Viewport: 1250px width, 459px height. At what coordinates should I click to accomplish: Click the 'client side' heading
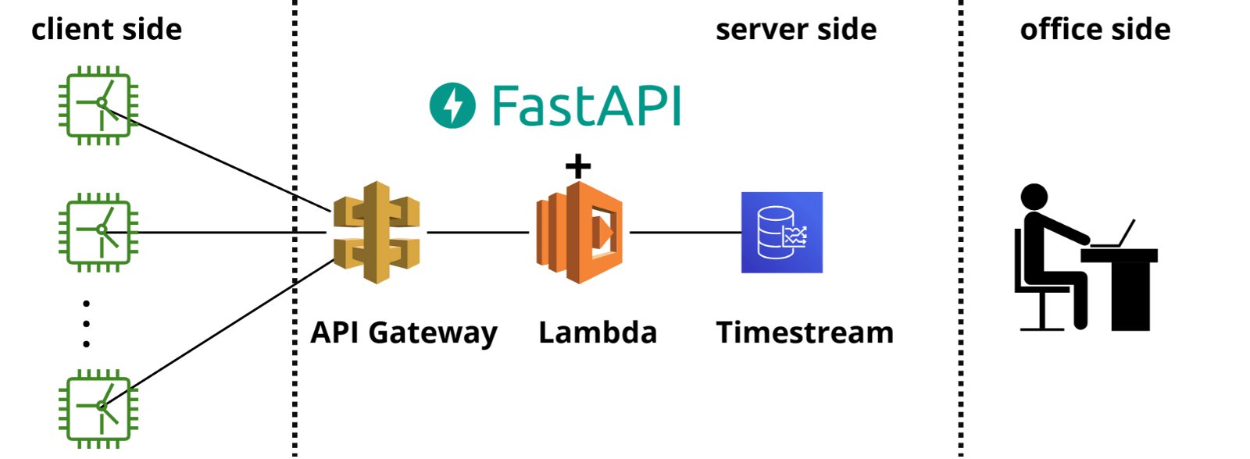[106, 30]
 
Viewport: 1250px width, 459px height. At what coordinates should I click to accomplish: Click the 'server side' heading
[795, 30]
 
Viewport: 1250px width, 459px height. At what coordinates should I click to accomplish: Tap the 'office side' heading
[1095, 30]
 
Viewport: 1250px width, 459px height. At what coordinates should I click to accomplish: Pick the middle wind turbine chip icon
[98, 232]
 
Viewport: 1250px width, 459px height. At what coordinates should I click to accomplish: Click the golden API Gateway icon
[377, 232]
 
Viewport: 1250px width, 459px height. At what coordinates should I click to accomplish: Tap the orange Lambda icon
[579, 232]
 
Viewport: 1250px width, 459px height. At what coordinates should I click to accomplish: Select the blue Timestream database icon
[781, 232]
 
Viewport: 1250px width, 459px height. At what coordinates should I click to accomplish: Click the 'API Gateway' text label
[403, 333]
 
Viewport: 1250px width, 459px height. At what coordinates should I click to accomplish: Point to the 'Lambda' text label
[598, 333]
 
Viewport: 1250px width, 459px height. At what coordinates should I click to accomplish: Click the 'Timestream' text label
[805, 333]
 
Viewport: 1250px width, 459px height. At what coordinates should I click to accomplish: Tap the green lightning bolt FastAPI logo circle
[452, 105]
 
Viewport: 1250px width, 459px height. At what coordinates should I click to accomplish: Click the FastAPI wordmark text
[587, 106]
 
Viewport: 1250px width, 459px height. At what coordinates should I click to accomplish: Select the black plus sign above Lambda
[578, 166]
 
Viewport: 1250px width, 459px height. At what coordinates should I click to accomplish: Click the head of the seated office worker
[1034, 197]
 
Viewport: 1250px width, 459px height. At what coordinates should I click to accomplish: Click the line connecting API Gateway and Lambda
[477, 232]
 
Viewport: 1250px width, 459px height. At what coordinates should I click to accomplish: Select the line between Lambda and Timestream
[684, 232]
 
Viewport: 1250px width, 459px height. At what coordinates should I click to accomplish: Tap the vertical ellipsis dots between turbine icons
[86, 323]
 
